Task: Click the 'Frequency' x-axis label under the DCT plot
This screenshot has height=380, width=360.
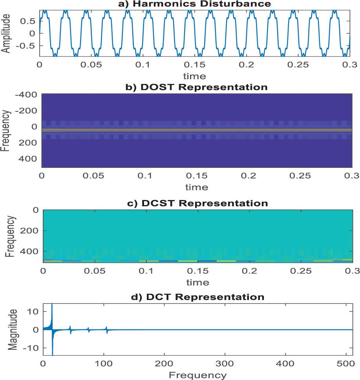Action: click(197, 375)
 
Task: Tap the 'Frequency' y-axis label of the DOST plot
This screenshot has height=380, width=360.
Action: click(6, 131)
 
